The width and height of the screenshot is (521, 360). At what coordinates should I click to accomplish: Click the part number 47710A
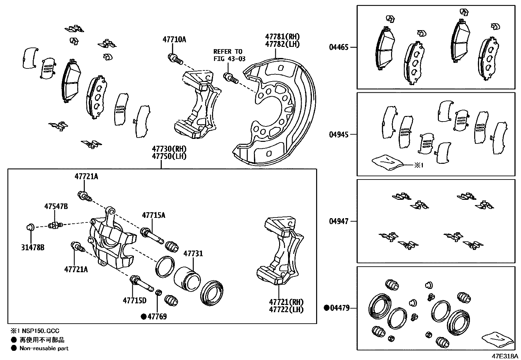(174, 40)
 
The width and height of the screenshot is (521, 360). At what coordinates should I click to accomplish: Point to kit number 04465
(339, 47)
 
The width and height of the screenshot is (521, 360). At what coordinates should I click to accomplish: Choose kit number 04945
(339, 135)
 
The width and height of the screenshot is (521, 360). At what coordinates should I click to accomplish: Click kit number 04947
(339, 222)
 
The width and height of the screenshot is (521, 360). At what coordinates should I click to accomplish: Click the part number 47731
(193, 254)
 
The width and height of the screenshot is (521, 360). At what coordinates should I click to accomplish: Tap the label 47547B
(56, 206)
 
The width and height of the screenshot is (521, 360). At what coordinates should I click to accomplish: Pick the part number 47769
(157, 316)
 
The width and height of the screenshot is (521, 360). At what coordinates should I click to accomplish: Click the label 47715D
(135, 300)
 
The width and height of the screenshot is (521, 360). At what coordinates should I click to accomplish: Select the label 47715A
(153, 216)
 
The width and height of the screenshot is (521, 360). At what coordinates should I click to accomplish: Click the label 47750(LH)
(169, 156)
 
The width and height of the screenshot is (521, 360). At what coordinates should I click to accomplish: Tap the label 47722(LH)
(286, 310)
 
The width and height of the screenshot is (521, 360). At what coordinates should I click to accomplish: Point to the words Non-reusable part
(44, 349)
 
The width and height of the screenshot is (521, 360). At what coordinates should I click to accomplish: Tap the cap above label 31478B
(30, 226)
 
